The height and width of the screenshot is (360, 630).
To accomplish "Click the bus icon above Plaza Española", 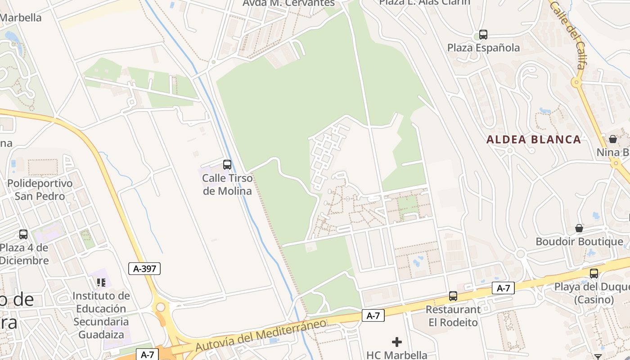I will tap(483, 34).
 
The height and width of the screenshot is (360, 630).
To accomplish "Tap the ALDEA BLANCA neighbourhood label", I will tap(534, 139).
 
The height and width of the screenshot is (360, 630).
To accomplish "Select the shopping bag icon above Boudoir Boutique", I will tap(579, 228).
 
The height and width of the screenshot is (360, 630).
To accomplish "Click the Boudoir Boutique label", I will tap(579, 242).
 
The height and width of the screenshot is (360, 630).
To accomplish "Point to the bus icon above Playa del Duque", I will tap(594, 273).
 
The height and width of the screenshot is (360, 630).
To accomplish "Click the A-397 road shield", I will tap(144, 269).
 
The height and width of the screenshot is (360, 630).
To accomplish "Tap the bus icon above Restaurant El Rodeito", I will tap(453, 296).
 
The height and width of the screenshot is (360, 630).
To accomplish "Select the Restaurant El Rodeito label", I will tap(453, 316).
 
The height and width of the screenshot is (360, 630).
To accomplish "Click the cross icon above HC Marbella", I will tap(396, 342).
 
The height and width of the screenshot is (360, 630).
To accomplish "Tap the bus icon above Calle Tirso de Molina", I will tap(227, 165).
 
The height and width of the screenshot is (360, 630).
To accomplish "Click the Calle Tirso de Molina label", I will tap(227, 184).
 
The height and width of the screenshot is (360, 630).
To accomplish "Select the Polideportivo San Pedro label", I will tap(40, 190).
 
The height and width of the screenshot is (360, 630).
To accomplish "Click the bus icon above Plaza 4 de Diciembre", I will tap(23, 234).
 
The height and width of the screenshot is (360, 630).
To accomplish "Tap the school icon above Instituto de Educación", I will tap(101, 283).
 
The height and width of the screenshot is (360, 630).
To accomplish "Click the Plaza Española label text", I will tap(483, 48).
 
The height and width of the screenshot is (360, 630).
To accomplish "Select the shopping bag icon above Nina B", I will tap(613, 139).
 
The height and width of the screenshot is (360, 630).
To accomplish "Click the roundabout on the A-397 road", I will tap(160, 307).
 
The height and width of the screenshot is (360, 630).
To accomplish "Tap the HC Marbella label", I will tap(396, 355).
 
